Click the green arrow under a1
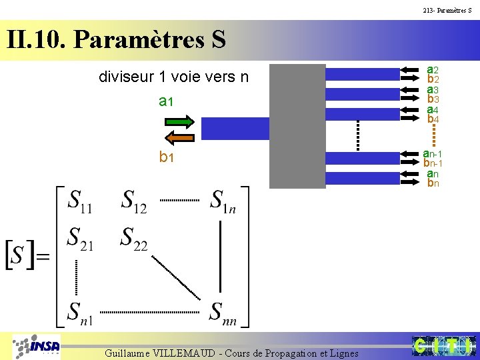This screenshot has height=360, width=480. coord(179,121)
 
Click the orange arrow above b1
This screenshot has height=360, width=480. coord(179,138)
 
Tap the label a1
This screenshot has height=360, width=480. coord(166,101)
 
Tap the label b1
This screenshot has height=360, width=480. coord(166,158)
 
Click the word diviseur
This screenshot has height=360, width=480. coord(125,77)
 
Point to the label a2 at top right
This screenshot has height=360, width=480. coord(433,69)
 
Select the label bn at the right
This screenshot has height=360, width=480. coord(433,183)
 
